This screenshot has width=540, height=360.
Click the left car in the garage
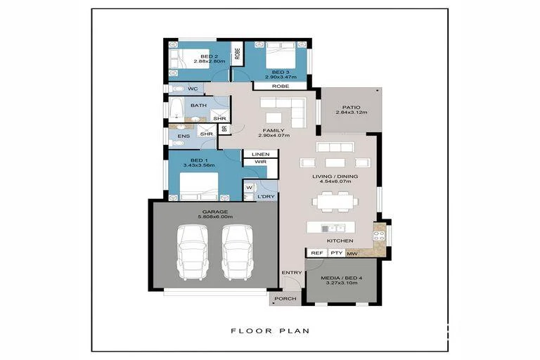(x=191, y=252)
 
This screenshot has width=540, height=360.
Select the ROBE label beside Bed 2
(x=238, y=51)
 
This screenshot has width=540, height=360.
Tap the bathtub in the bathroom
(x=175, y=108)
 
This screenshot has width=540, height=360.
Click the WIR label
(x=250, y=162)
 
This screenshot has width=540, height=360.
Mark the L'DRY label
(x=266, y=196)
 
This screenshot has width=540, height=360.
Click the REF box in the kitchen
(x=316, y=252)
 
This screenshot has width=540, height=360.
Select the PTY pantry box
(x=336, y=252)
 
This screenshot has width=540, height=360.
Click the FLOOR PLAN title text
(x=270, y=330)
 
